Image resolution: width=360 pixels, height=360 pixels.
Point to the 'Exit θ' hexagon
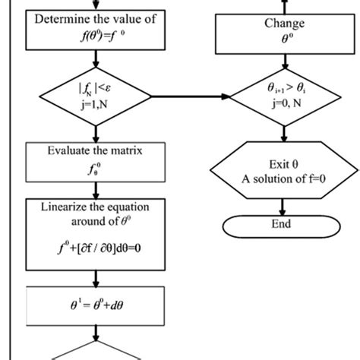(283, 172)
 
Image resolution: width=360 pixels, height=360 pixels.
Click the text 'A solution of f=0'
(283, 179)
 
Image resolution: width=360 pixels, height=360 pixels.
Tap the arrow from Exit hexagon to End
(283, 205)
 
